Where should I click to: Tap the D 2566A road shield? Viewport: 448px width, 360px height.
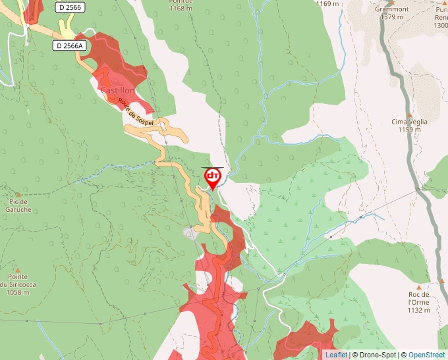(x=69, y=45)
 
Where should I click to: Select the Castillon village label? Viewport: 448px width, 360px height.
(x=117, y=90)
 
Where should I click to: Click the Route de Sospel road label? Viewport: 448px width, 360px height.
(x=136, y=113)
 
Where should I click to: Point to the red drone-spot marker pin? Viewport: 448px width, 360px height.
(x=213, y=178)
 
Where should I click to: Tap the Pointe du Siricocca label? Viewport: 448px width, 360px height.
(x=17, y=281)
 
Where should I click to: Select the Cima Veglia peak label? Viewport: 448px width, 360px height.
(x=409, y=122)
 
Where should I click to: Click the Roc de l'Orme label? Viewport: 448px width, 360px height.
(x=418, y=298)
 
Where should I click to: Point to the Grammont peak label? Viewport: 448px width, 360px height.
(x=392, y=9)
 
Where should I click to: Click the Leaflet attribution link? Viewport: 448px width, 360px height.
(x=336, y=355)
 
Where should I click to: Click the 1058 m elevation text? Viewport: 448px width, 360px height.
(x=17, y=293)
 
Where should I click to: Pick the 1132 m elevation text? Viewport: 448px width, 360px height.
(x=418, y=310)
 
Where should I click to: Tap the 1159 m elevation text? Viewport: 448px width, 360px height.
(x=409, y=130)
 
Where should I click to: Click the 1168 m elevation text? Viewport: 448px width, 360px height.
(x=181, y=9)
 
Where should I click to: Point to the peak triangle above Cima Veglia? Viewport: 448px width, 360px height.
(x=409, y=112)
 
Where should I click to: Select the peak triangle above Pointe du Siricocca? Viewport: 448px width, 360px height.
(x=18, y=269)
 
